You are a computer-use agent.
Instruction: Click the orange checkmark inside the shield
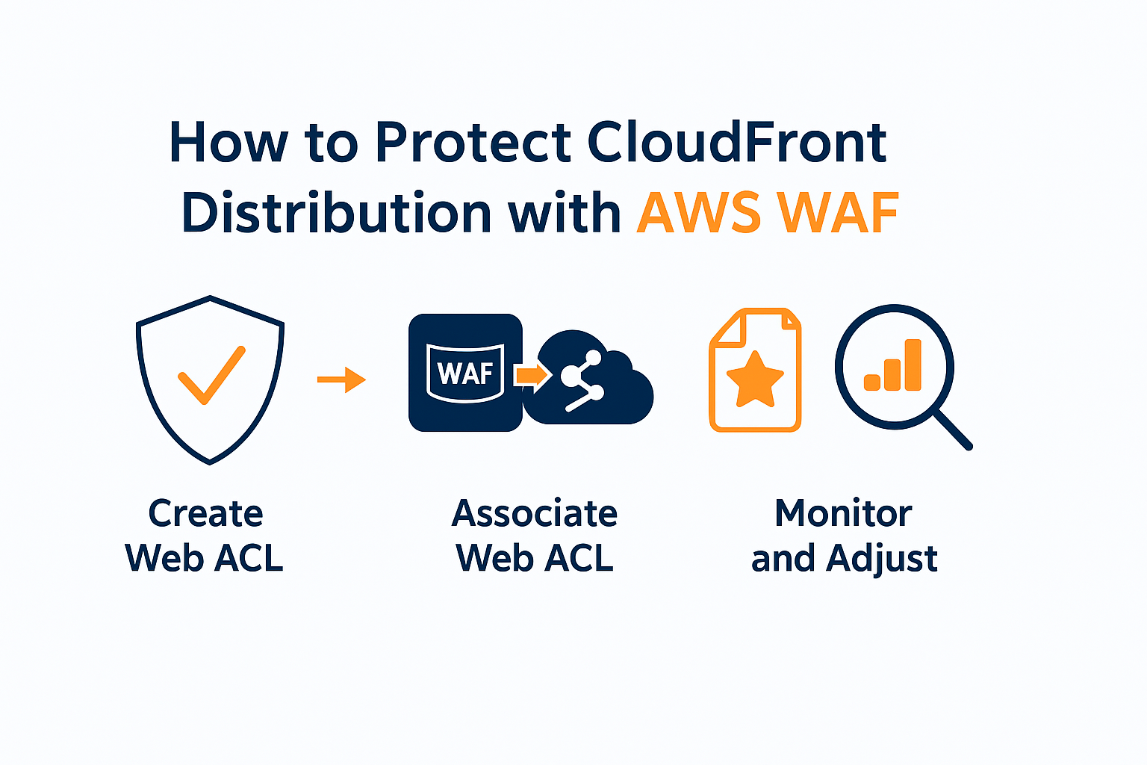[x=211, y=375]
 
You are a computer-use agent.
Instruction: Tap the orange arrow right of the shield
[x=341, y=380]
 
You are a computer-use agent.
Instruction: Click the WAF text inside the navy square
[x=464, y=372]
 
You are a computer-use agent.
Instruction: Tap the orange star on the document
[x=755, y=380]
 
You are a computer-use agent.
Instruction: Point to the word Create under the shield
[x=205, y=513]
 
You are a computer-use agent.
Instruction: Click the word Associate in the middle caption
[x=535, y=513]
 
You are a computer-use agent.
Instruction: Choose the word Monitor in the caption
[x=843, y=513]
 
